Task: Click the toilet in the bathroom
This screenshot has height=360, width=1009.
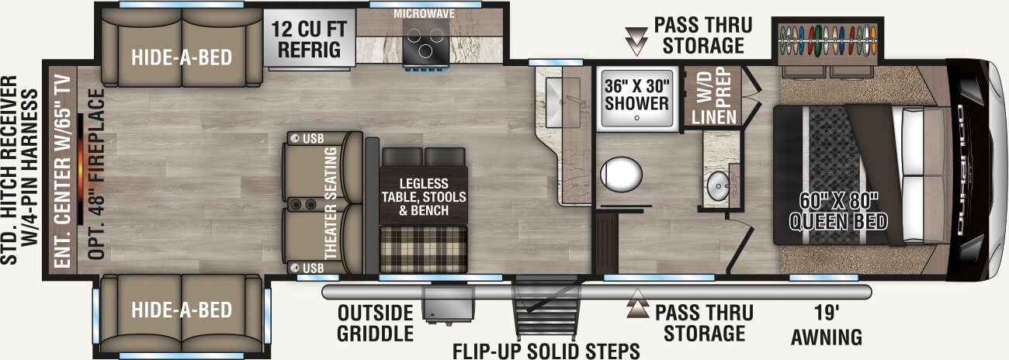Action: (x=621, y=174)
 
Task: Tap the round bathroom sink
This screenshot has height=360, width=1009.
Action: (x=718, y=185)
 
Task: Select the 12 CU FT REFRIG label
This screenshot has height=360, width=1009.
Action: (x=309, y=40)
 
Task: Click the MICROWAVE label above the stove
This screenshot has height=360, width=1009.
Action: (x=424, y=14)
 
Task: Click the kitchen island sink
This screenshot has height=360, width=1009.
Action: (x=563, y=102)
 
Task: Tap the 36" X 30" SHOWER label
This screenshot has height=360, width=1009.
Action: (x=637, y=95)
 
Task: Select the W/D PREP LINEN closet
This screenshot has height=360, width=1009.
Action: (x=713, y=97)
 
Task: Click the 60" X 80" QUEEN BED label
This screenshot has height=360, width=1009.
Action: (x=838, y=212)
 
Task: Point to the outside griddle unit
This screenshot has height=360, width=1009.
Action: (x=448, y=303)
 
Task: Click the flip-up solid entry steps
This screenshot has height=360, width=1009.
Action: (x=546, y=308)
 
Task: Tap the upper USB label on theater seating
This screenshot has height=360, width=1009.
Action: (x=313, y=139)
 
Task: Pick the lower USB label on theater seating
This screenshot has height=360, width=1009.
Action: (x=313, y=268)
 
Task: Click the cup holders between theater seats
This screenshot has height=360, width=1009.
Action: (x=303, y=205)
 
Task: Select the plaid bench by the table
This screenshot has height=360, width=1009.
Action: (x=424, y=250)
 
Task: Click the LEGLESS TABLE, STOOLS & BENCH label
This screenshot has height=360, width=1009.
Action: (x=424, y=197)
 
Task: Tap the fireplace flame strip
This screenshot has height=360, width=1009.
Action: (x=80, y=169)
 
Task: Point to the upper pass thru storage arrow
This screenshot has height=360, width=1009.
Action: (x=636, y=41)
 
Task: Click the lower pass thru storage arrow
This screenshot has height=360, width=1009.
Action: (x=637, y=304)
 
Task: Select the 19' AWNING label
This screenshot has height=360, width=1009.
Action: (x=827, y=325)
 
